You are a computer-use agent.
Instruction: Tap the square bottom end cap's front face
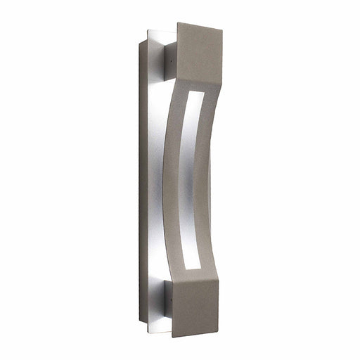pos(198,307)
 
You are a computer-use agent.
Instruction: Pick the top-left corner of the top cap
pos(177,22)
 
